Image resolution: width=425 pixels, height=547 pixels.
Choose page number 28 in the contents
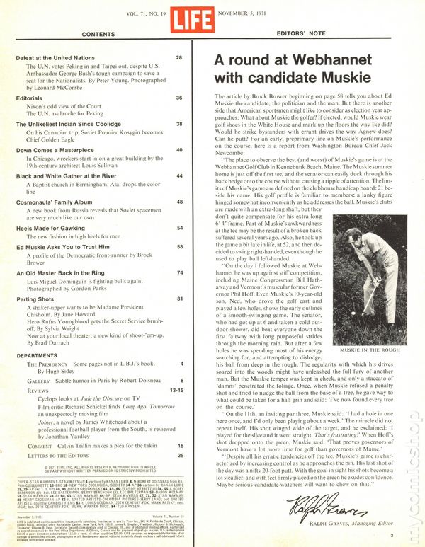coord(179,57)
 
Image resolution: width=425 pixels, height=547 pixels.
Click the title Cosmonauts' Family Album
coord(67,201)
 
